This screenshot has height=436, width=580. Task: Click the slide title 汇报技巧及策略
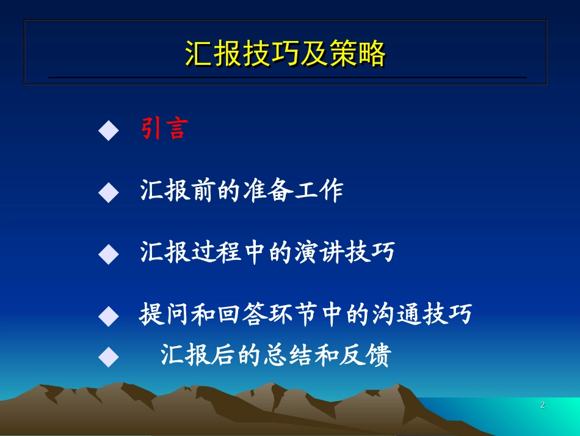(x=285, y=54)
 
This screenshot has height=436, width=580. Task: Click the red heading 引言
(x=164, y=128)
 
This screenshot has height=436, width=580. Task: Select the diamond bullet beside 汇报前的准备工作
(x=109, y=193)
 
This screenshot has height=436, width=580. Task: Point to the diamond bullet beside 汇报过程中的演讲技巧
(x=109, y=254)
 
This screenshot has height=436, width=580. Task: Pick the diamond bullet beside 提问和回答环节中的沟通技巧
(x=109, y=316)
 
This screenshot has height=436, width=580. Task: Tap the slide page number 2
(x=542, y=405)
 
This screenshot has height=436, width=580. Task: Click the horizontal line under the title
(x=287, y=78)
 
